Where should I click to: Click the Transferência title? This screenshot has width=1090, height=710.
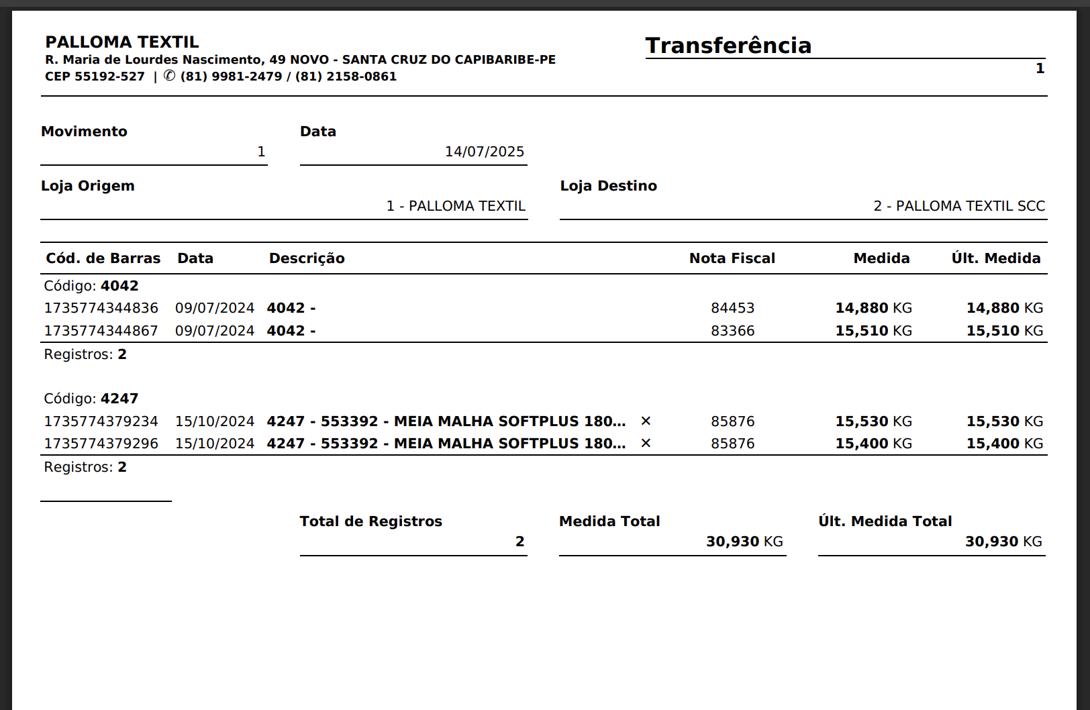728,46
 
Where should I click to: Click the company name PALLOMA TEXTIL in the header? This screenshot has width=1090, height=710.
122,42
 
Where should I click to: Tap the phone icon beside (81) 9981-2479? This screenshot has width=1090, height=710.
170,76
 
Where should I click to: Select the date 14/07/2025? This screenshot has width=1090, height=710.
484,152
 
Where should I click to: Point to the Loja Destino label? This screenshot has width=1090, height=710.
608,186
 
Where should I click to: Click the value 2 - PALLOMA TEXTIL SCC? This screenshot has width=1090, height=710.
958,206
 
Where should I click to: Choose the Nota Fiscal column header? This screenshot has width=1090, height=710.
732,258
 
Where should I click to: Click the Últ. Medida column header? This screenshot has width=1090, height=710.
995,258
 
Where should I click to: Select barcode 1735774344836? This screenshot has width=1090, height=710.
101,308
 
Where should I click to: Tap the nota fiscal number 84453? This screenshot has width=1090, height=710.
732,308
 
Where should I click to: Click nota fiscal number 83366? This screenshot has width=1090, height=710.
732,331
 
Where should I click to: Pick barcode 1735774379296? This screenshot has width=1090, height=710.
101,444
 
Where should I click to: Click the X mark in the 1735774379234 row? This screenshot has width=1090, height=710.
646,421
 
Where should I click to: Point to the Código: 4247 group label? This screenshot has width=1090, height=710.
91,399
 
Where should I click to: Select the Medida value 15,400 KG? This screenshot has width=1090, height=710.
873,444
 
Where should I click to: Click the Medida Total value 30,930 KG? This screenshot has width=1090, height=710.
744,542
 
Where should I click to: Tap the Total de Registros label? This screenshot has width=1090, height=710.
370,521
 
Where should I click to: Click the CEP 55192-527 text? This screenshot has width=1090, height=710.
95,77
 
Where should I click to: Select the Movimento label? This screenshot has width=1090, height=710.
84,132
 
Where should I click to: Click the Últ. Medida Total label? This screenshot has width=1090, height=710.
885,521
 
